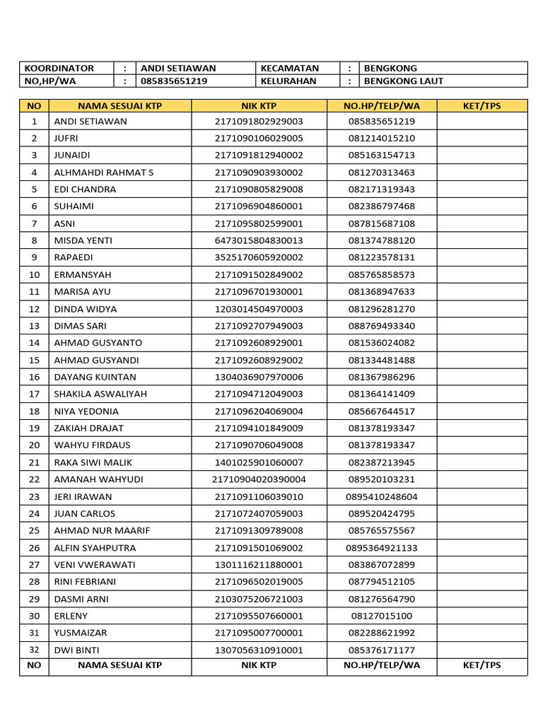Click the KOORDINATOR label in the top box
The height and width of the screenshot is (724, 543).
pyautogui.click(x=59, y=69)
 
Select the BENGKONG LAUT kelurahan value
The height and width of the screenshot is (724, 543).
pyautogui.click(x=403, y=81)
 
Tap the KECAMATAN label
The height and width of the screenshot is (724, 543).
pyautogui.click(x=290, y=69)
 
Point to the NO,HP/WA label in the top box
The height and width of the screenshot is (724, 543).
pyautogui.click(x=52, y=81)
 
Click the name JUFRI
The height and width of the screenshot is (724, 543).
pyautogui.click(x=66, y=139)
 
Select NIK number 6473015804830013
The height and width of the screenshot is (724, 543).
pyautogui.click(x=259, y=240)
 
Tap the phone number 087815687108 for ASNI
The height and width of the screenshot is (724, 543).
pyautogui.click(x=382, y=223)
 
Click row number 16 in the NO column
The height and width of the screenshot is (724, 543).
pyautogui.click(x=34, y=377)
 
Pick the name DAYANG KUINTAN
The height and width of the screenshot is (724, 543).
pyautogui.click(x=95, y=377)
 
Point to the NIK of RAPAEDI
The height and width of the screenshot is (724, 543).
pyautogui.click(x=259, y=257)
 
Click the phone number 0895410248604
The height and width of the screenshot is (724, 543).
pyautogui.click(x=382, y=496)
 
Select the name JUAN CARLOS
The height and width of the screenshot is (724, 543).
pyautogui.click(x=85, y=513)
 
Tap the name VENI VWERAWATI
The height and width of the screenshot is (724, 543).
pyautogui.click(x=95, y=565)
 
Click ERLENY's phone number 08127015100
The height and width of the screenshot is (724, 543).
pyautogui.click(x=382, y=616)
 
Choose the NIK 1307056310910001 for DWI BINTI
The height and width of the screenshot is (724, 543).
pyautogui.click(x=259, y=650)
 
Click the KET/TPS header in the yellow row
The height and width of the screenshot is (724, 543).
pyautogui.click(x=481, y=106)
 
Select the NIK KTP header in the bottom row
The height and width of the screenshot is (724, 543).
pyautogui.click(x=259, y=665)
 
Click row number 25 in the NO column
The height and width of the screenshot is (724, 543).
pyautogui.click(x=34, y=530)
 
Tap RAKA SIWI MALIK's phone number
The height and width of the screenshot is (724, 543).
pyautogui.click(x=382, y=462)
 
